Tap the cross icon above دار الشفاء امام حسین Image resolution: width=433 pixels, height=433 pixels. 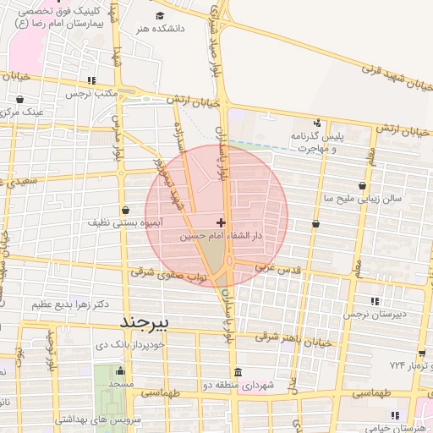coord(222,222)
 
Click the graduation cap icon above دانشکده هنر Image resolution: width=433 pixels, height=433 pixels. coord(160,15)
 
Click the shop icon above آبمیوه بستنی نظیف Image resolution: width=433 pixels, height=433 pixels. coord(126,210)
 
